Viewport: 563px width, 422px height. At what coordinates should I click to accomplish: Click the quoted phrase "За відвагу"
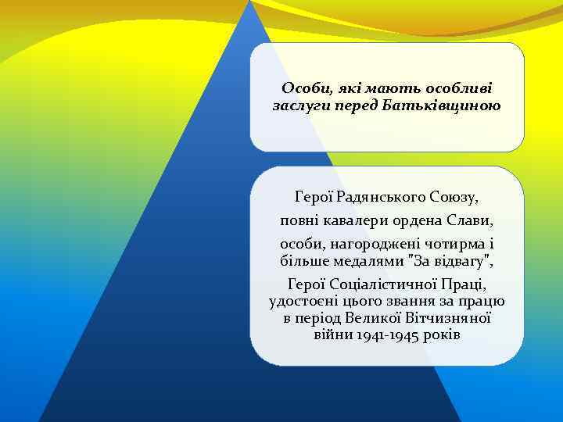(x=447, y=259)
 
